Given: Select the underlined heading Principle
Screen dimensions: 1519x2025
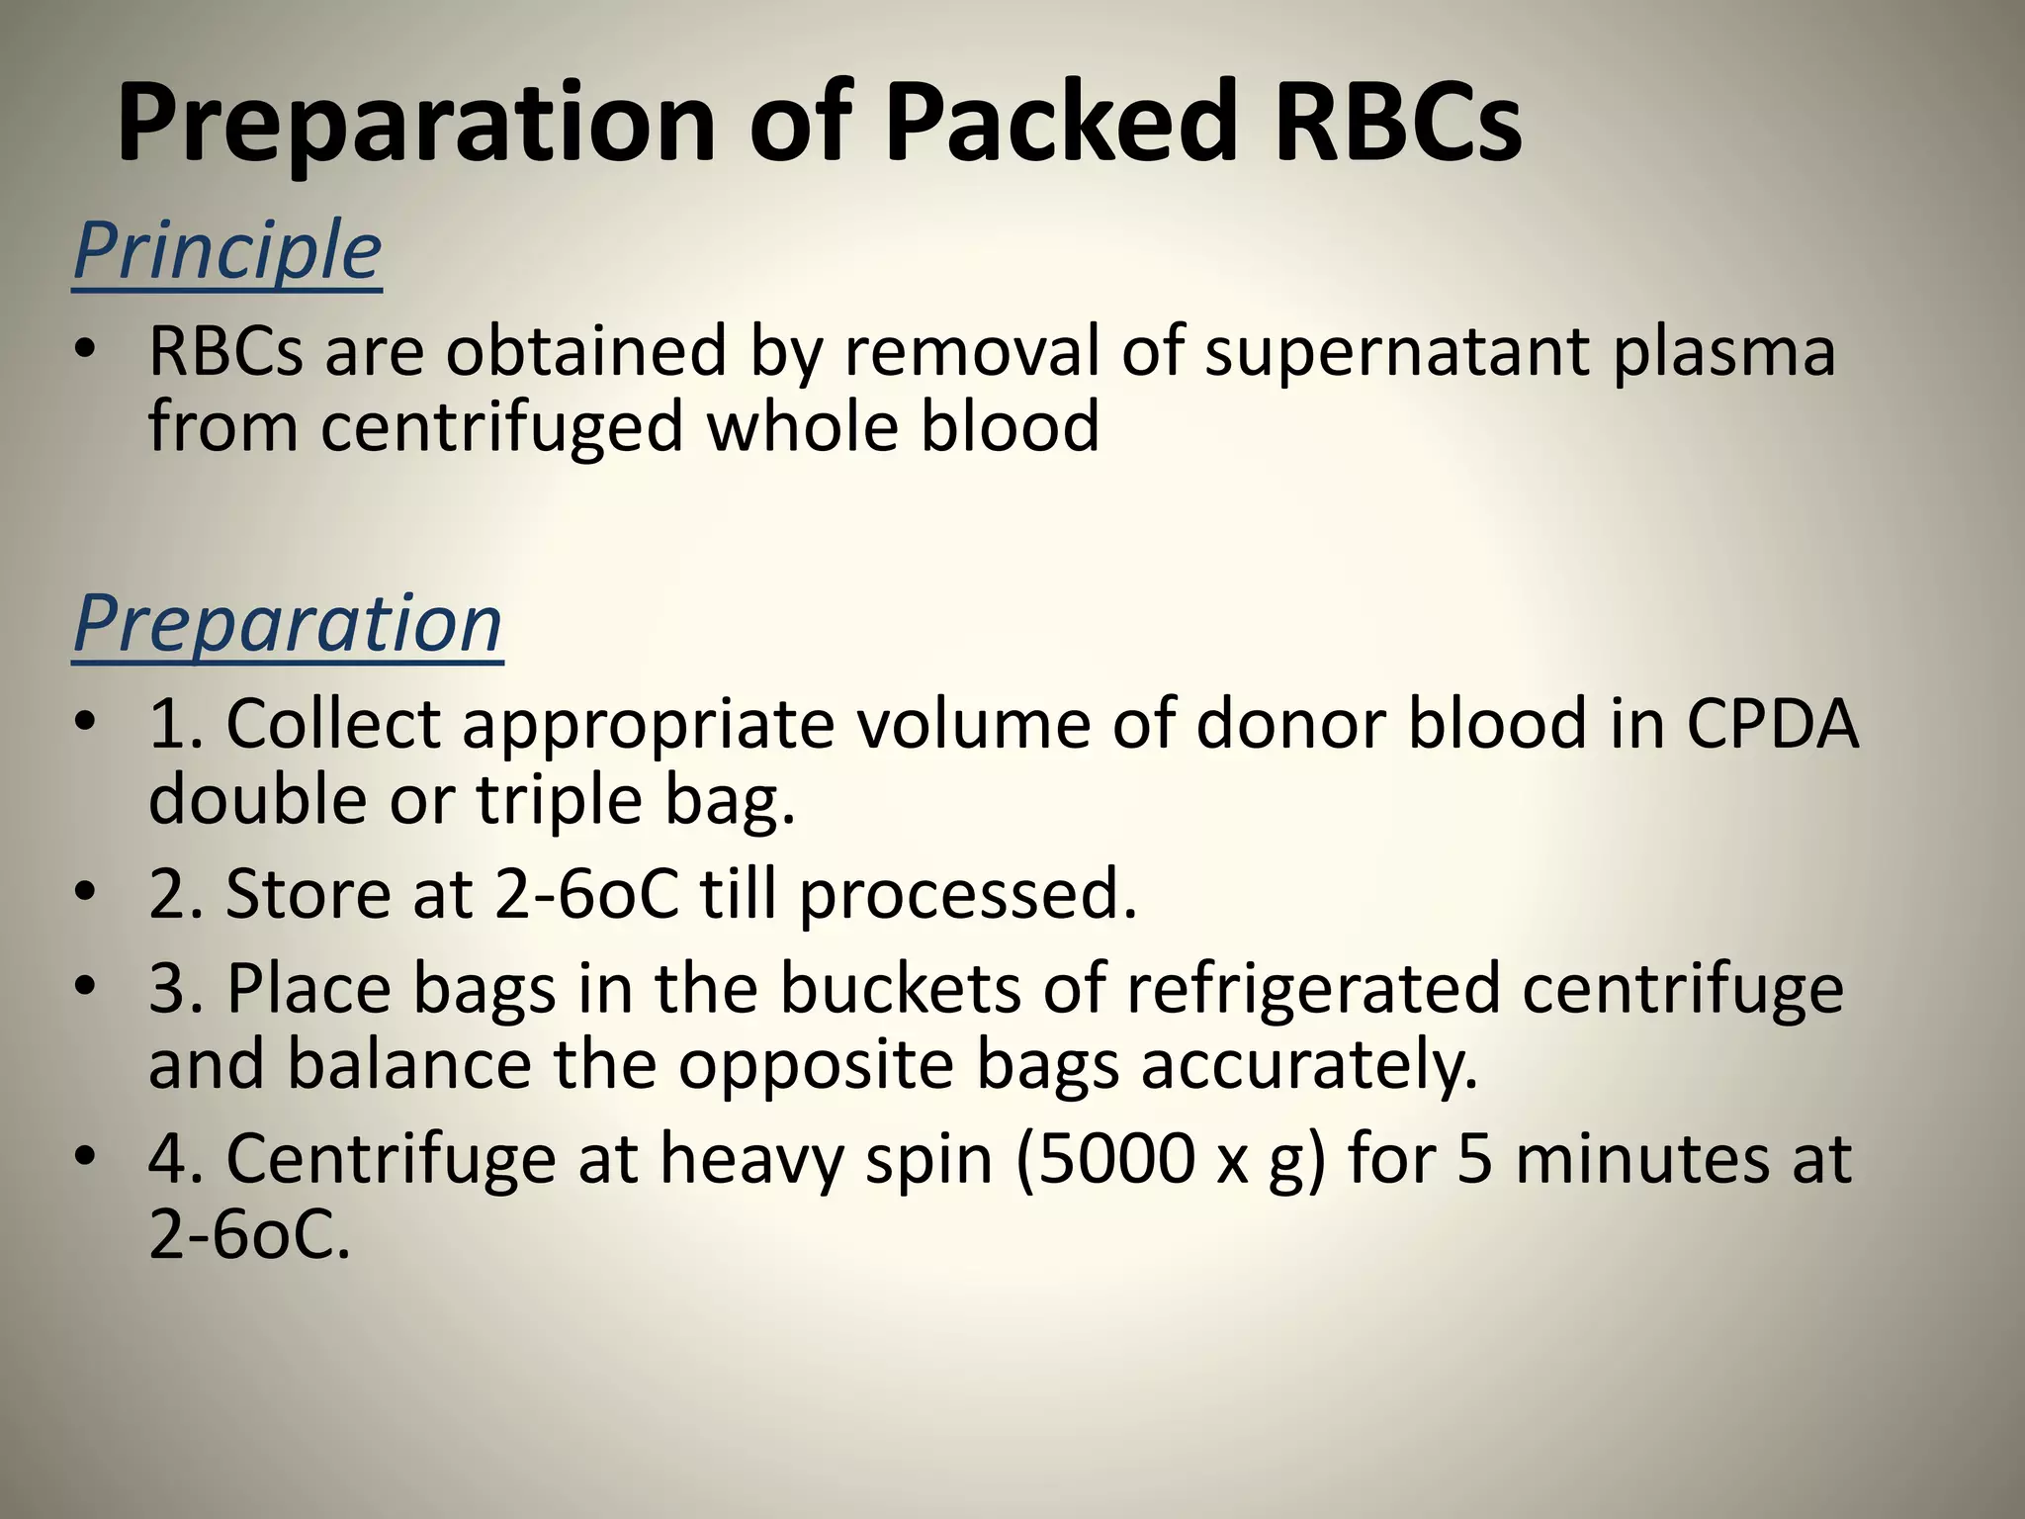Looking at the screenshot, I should point(227,251).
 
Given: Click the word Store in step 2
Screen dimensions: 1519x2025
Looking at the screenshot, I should point(307,894).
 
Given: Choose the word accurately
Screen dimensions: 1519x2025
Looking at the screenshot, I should point(1309,1065).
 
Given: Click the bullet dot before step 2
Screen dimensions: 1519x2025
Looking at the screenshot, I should point(86,894).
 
